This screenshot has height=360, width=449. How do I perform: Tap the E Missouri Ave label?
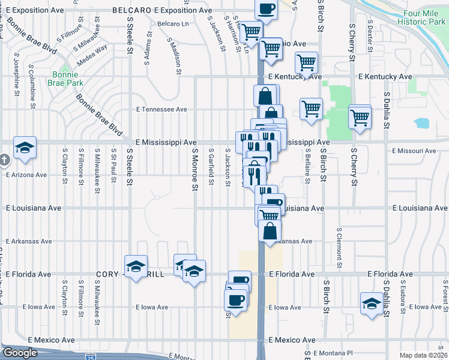tap(413, 151)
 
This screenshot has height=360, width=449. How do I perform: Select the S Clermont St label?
tap(339, 247)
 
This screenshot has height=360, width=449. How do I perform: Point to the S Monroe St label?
tap(194, 170)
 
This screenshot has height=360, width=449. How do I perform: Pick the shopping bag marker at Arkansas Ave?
tap(270, 230)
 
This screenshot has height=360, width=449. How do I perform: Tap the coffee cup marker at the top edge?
tap(267, 9)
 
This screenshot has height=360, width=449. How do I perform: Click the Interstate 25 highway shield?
tap(89, 356)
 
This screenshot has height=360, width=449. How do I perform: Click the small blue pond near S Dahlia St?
tap(421, 123)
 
